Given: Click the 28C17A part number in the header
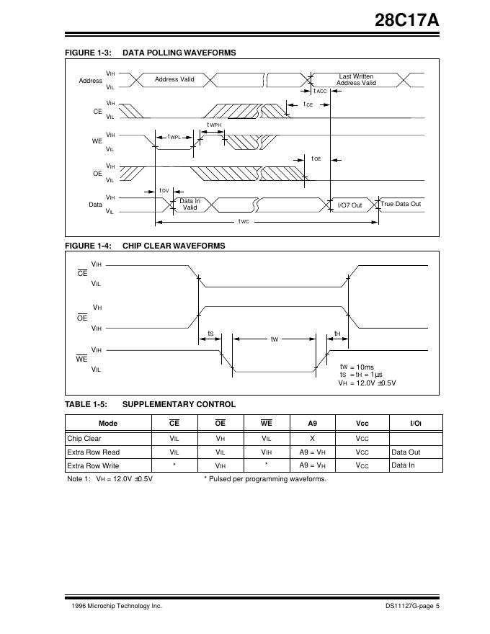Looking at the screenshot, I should tap(406, 22).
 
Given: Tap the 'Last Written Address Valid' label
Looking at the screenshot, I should tap(356, 79).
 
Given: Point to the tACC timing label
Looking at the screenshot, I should tap(320, 91).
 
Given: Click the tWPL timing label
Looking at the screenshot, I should tap(174, 137).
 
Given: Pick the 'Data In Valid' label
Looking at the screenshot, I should tap(190, 204).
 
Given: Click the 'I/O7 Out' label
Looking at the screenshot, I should tap(349, 205).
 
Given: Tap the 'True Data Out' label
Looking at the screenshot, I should tap(401, 204).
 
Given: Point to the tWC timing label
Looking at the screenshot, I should tap(244, 221).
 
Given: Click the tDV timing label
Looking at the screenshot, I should tap(164, 191).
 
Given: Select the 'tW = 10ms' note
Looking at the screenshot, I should tap(357, 367).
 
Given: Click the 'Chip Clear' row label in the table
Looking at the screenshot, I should tap(84, 438).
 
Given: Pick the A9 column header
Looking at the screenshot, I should tap(312, 423).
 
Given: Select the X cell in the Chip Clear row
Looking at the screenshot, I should tap(312, 438).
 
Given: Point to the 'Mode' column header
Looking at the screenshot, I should tap(107, 423).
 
